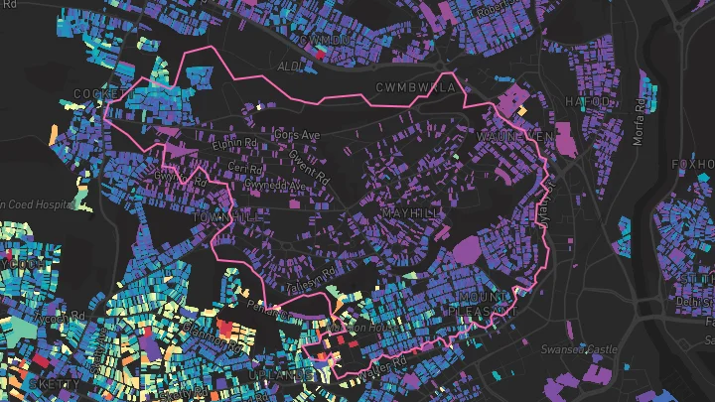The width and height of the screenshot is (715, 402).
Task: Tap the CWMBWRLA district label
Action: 415,88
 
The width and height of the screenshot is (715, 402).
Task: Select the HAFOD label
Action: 587,101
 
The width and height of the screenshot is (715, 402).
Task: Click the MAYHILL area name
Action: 409,212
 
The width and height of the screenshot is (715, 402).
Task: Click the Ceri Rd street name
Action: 243,166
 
